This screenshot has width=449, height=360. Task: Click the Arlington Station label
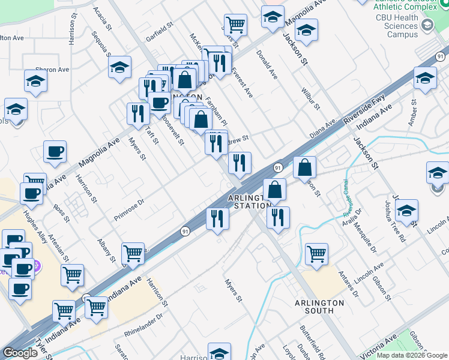coord(247,202)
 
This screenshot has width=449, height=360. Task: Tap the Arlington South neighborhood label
coord(322,307)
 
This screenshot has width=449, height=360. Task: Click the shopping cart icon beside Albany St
coord(133,253)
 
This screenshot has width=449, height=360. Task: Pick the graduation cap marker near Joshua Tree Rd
coord(406,211)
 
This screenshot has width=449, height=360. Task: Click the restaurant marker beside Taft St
coord(138,113)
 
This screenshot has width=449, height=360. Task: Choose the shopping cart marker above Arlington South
coord(316,253)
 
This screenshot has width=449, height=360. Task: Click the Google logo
coord(20,353)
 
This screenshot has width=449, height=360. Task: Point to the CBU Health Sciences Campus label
coord(397,26)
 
